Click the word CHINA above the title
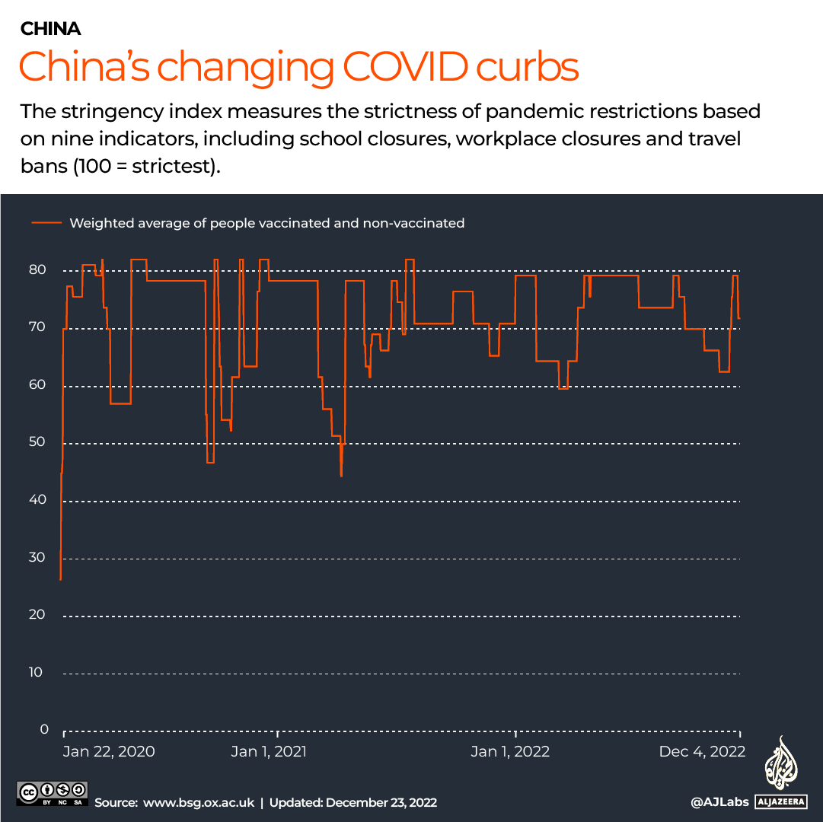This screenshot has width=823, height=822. [50, 30]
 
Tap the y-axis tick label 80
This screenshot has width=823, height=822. [39, 270]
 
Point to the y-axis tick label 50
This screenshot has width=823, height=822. [39, 442]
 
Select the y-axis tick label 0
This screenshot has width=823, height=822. [43, 729]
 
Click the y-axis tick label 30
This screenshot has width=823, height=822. [39, 557]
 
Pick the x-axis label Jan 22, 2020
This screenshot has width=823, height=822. [109, 752]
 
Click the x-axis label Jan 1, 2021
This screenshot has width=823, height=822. [269, 752]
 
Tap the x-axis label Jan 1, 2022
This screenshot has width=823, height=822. [510, 752]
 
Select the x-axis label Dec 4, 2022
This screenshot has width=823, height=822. [702, 752]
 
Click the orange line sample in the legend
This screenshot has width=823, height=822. [46, 223]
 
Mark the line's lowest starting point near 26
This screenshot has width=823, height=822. [60, 579]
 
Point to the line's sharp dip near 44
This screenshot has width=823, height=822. [341, 475]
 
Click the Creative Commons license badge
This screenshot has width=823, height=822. [53, 792]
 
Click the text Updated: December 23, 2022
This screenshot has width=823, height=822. [352, 802]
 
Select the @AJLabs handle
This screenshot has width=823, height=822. [718, 802]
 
